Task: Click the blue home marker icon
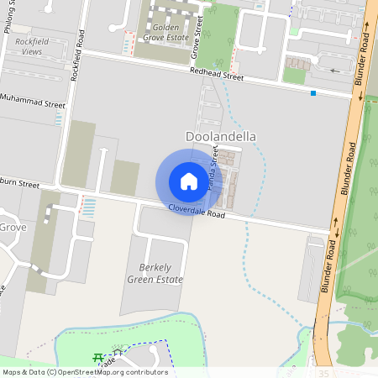(189, 181)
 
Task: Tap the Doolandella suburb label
(220, 136)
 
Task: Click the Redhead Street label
(216, 76)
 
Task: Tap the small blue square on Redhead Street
(313, 92)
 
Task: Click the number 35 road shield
(324, 373)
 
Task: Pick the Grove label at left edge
(13, 227)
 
